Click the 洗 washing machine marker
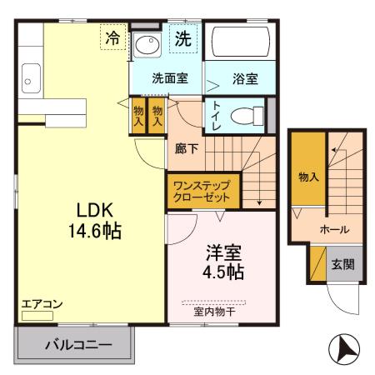[182, 37]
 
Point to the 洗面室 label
[169, 79]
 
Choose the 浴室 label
[244, 79]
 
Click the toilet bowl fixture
[242, 116]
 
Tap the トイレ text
[217, 115]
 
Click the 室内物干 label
[214, 312]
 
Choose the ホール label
[334, 229]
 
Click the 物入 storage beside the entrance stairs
[307, 176]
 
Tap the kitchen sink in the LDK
[30, 81]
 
